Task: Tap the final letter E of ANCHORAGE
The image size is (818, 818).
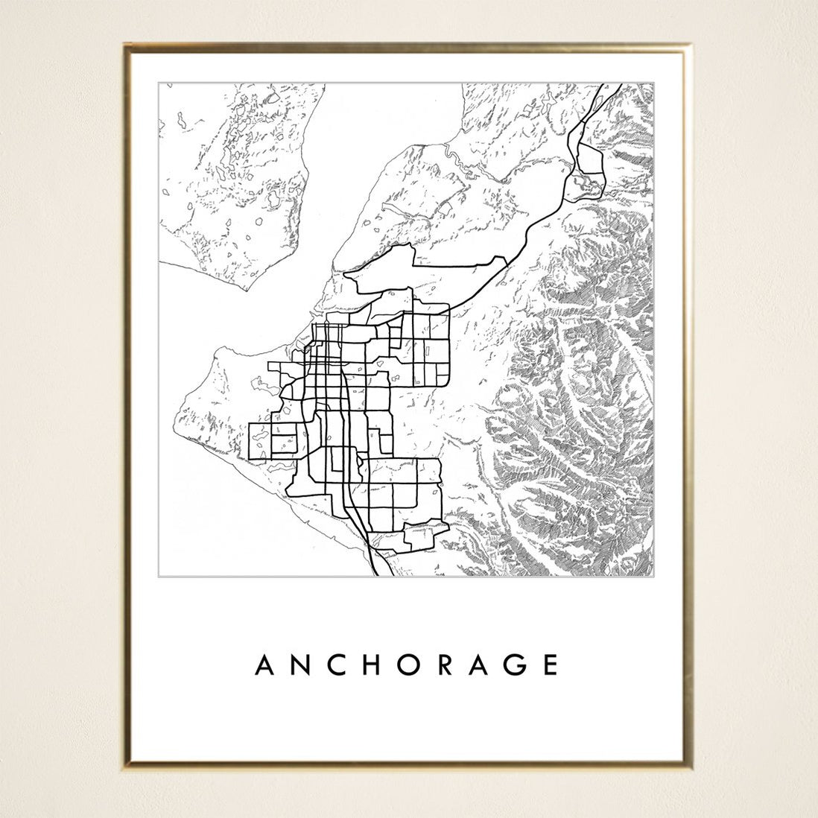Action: pos(551,665)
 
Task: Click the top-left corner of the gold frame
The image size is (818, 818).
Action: pos(125,45)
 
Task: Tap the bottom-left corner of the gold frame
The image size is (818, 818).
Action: pos(125,765)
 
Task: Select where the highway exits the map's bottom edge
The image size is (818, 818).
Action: pos(374,575)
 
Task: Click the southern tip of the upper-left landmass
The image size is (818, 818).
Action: pos(249,288)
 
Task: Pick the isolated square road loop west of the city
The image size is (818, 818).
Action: pos(261,440)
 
